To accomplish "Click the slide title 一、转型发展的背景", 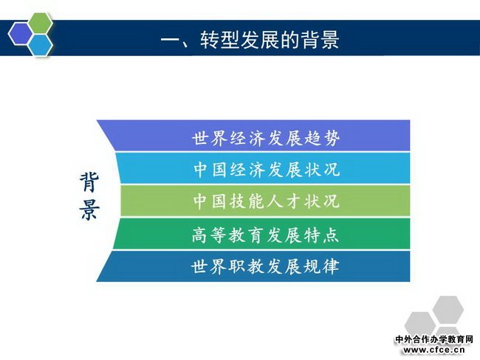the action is click(x=250, y=40).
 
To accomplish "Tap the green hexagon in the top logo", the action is click(x=39, y=24).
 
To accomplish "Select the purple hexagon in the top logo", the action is click(x=21, y=34).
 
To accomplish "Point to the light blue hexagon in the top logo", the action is click(x=41, y=45).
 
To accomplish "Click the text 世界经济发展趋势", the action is click(x=266, y=138).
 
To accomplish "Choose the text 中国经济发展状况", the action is click(x=267, y=169).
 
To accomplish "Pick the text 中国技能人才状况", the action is click(x=266, y=201).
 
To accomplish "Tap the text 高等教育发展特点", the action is click(x=265, y=235).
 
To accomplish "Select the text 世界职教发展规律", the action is click(x=265, y=266).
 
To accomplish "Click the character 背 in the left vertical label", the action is click(x=89, y=181).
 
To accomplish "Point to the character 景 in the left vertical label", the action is click(x=89, y=210).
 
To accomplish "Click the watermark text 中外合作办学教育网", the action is click(x=434, y=339).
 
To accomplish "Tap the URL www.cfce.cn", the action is click(x=434, y=350).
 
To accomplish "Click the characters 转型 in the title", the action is click(x=219, y=40).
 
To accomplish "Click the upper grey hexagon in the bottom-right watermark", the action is click(x=448, y=309).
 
